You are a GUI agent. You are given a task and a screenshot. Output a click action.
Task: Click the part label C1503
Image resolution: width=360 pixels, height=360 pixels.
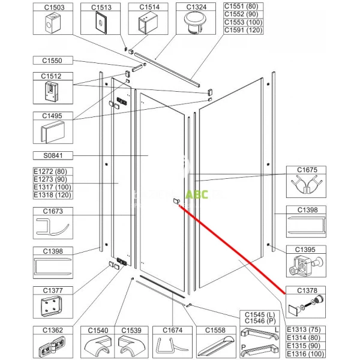click(54, 7)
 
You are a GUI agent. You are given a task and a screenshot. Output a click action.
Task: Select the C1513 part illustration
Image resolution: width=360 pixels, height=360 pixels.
click(101, 23)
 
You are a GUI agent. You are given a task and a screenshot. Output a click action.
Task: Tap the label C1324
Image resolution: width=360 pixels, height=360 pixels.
click(196, 7)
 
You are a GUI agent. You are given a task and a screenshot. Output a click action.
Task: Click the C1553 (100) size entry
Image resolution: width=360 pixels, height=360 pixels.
click(243, 22)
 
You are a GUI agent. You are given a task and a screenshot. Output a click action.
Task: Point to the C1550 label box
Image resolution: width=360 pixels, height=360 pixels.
click(53, 61)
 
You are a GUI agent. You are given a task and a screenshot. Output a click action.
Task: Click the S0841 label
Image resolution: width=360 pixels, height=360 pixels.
click(53, 155)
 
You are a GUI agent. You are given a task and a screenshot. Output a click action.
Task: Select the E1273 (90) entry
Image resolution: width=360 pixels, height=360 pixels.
click(50, 179)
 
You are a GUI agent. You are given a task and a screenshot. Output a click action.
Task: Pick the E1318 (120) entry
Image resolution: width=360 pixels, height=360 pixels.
click(52, 195)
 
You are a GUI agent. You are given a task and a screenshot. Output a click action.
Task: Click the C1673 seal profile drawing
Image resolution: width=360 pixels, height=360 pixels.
click(53, 227)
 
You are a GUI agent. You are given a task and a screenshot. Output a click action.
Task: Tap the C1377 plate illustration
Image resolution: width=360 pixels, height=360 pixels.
click(52, 306)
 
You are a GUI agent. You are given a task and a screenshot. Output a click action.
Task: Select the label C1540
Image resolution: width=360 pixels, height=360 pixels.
click(98, 331)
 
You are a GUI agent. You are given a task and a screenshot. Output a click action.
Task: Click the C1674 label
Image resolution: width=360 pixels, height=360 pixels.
click(172, 331)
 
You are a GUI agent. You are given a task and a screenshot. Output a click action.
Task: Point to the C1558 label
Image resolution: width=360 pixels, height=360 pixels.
click(215, 331)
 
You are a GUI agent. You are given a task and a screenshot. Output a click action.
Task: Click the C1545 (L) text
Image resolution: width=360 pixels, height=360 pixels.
click(260, 315)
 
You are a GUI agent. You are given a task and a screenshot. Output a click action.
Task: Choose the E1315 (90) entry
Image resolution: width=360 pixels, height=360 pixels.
click(304, 346)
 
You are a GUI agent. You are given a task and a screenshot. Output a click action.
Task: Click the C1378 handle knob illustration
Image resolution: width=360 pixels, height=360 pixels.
click(305, 305)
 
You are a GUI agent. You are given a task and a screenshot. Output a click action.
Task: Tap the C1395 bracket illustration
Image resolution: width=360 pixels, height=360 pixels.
click(305, 265)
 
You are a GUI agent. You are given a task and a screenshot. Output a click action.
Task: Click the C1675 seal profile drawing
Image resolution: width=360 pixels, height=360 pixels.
click(306, 184)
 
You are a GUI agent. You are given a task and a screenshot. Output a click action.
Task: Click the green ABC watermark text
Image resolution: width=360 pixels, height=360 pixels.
click(197, 194)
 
